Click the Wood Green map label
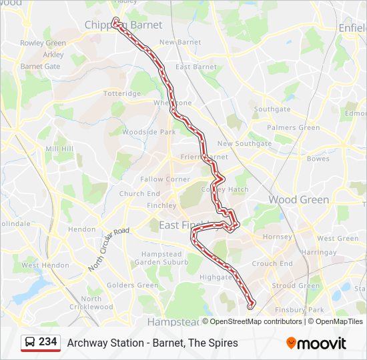pos(298,199)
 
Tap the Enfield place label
pos(353,28)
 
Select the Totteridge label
pos(121,94)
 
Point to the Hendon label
pos(82,229)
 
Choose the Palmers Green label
pos(293,127)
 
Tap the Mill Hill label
pos(59,149)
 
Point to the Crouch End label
pos(272,264)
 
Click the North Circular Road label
pos(109,249)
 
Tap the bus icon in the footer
pos(30,342)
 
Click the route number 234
pos(48,342)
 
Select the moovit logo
pos(316,343)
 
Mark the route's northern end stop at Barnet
pos(116,21)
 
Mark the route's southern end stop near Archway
pos(251,306)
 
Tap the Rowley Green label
pos(43,43)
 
